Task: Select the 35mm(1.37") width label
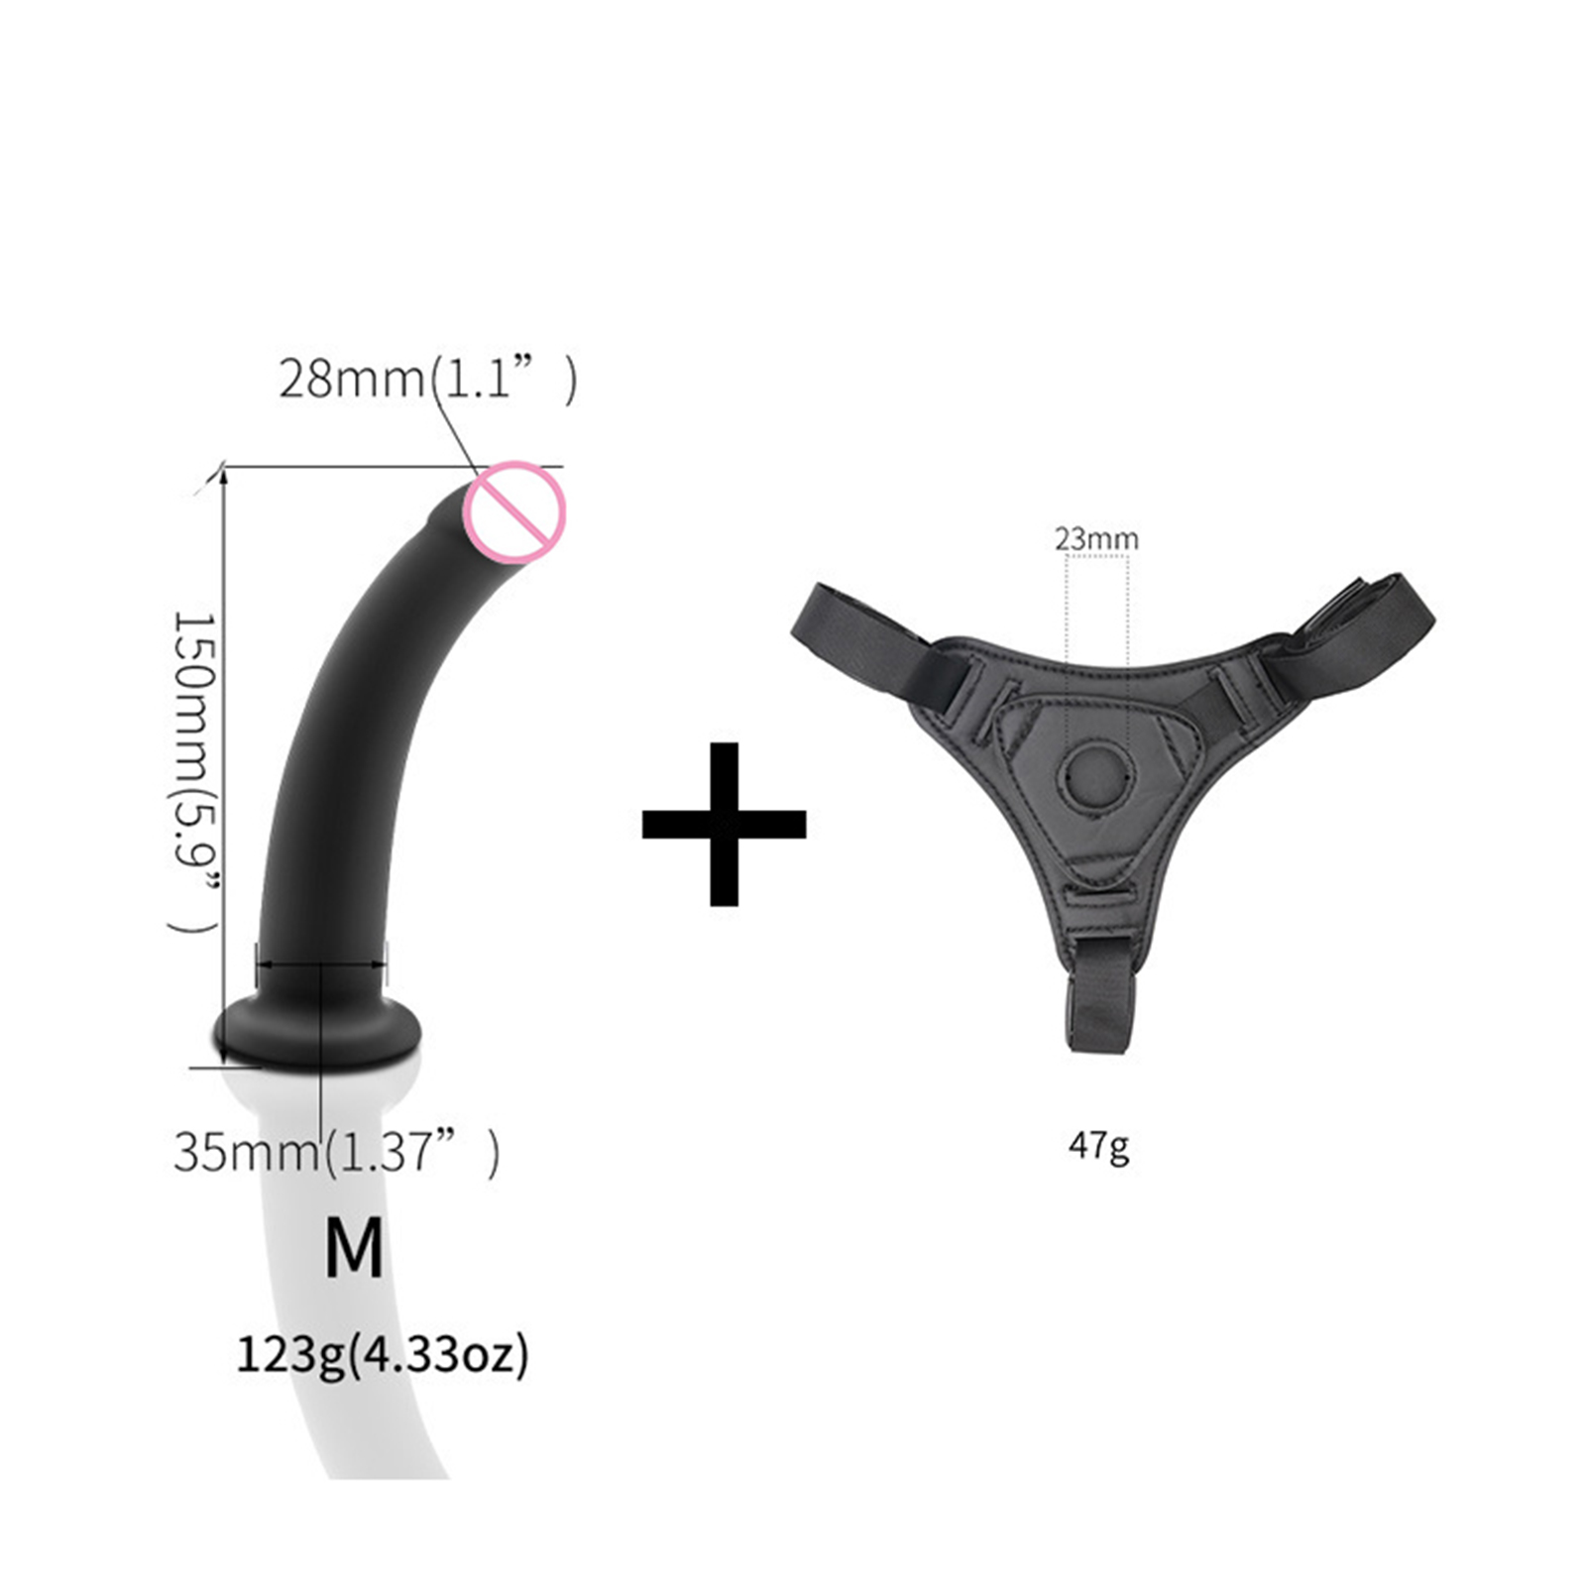tap(337, 1151)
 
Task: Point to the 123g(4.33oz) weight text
tap(383, 1354)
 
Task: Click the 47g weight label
tap(1098, 1146)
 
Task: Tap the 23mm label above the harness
tap(1096, 539)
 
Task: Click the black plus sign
tap(725, 824)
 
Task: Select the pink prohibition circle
tap(515, 512)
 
